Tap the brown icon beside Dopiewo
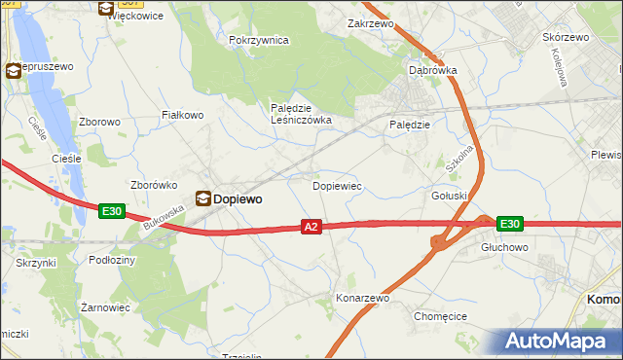(x=202, y=198)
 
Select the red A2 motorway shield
(x=311, y=227)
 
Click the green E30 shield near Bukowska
(x=112, y=210)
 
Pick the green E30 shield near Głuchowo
(x=509, y=224)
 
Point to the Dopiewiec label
(x=337, y=185)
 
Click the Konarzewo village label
(x=362, y=298)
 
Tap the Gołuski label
(x=450, y=196)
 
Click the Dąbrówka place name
(x=433, y=70)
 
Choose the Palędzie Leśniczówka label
(x=301, y=114)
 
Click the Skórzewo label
(x=566, y=37)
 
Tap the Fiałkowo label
(x=182, y=115)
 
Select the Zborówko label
(x=152, y=184)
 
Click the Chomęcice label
(x=441, y=316)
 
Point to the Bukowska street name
(x=163, y=216)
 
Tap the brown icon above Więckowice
(x=106, y=7)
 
